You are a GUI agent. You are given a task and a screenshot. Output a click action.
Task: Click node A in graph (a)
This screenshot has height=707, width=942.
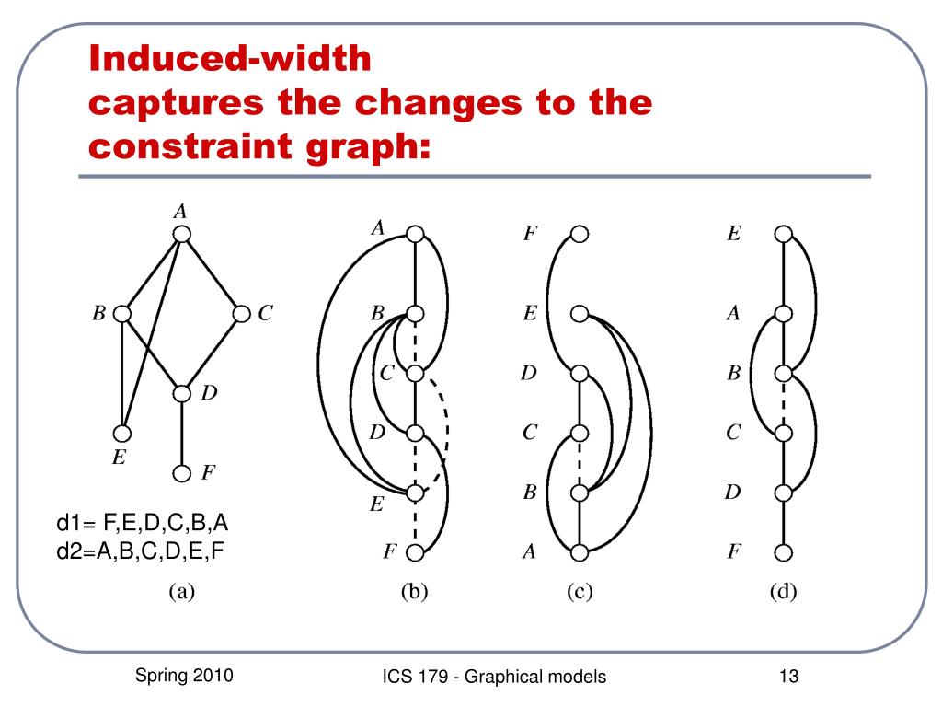click(x=182, y=234)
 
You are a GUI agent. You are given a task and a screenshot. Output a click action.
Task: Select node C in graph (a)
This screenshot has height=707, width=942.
click(x=242, y=314)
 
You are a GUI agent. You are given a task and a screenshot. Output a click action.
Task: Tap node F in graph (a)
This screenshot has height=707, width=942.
click(x=182, y=473)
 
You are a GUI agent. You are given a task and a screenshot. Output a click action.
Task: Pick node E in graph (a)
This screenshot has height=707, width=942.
click(x=122, y=433)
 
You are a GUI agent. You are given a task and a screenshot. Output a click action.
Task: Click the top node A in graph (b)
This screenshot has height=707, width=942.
click(x=415, y=235)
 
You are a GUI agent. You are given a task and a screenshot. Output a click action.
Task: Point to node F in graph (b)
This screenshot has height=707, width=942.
click(x=415, y=552)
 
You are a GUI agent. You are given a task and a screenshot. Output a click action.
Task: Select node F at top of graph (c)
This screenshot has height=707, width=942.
click(x=579, y=235)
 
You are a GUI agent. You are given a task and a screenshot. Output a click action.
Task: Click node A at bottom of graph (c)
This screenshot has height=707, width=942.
click(x=579, y=552)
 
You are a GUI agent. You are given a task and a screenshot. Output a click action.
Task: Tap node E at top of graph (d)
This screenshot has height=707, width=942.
click(x=783, y=235)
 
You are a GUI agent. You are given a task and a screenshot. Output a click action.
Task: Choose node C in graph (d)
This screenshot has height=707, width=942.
click(x=783, y=433)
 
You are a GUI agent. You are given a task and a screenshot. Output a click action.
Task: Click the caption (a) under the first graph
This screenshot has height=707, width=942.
click(x=181, y=593)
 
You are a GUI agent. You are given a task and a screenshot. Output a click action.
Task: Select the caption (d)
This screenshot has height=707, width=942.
click(x=783, y=593)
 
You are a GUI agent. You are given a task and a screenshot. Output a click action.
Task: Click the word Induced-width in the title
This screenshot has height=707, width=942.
click(x=230, y=61)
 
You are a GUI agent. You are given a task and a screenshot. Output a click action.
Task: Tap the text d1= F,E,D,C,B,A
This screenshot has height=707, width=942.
click(x=143, y=525)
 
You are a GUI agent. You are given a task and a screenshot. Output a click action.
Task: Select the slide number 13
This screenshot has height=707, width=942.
click(x=787, y=678)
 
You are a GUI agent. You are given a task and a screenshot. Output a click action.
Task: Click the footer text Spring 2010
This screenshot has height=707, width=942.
click(x=184, y=676)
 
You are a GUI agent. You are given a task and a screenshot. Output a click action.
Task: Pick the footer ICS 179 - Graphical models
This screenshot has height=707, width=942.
click(x=495, y=678)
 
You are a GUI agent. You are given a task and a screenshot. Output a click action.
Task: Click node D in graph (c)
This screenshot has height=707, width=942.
click(x=579, y=374)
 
